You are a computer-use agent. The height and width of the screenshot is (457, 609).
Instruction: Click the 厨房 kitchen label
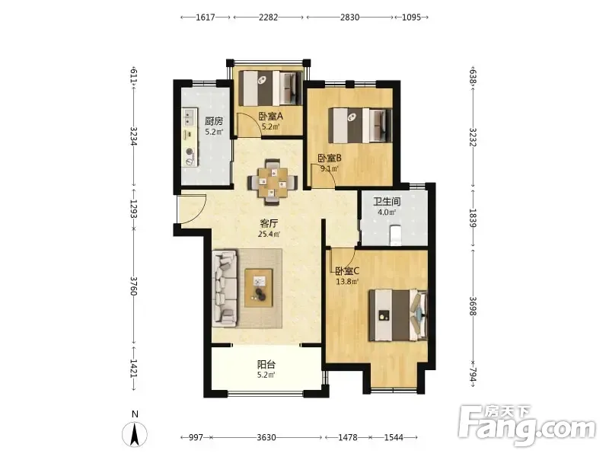214,121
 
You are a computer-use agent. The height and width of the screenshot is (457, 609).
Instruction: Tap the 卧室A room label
271,116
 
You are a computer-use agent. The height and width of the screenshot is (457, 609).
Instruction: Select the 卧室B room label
330,158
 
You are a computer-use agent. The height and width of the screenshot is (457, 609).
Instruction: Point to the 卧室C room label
347,271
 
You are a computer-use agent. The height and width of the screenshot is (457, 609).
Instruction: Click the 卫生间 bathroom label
387,202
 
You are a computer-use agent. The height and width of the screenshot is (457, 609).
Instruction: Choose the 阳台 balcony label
266,365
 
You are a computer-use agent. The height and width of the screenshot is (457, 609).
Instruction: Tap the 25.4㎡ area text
269,234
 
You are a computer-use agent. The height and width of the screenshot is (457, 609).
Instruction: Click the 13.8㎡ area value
347,281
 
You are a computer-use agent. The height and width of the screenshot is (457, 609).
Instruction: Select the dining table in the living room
273,181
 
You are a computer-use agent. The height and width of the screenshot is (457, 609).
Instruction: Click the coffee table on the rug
259,288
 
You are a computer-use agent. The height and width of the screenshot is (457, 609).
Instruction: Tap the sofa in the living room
225,288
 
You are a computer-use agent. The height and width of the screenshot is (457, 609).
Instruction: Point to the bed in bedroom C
398,315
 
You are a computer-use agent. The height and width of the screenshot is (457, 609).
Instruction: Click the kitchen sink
189,117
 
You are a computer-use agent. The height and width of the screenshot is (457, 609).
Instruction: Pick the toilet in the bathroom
395,235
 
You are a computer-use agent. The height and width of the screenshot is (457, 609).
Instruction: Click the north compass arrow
135,434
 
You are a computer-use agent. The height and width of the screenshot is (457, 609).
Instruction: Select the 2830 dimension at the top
349,17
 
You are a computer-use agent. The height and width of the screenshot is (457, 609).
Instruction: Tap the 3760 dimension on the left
134,286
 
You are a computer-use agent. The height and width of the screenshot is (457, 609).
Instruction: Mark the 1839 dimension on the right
473,218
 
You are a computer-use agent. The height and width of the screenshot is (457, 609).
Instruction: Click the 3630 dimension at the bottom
266,437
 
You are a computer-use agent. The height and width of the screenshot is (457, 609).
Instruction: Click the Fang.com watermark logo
527,425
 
